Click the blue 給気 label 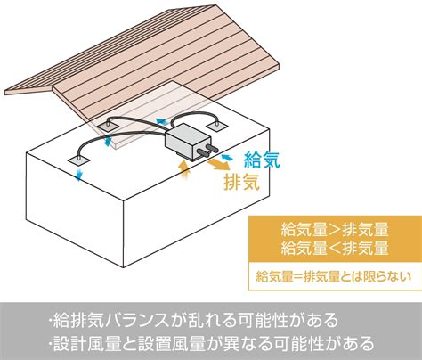tap(262, 160)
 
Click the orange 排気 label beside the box tap(242, 182)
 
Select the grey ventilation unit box tap(188, 141)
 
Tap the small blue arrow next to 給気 tap(226, 157)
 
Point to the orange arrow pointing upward tap(184, 170)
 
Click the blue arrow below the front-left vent tap(78, 175)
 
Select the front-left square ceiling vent tap(78, 160)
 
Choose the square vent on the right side tap(217, 126)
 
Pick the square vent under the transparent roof tap(108, 127)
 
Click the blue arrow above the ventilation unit tap(161, 121)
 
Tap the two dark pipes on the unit tap(207, 151)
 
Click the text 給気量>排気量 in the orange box tap(335, 230)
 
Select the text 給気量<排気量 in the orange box tap(335, 249)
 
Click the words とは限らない tap(376, 276)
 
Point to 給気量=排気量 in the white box tap(297, 276)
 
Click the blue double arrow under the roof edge tap(109, 141)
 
